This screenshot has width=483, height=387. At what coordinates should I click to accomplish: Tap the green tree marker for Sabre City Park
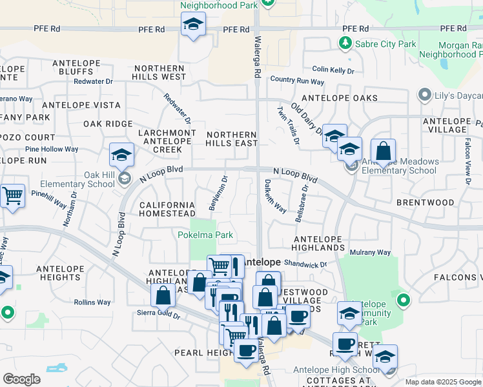coord(345,43)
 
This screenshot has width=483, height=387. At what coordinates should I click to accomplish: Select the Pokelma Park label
coord(205,235)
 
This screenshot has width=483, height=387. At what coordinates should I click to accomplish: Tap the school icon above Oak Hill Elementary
coord(121,155)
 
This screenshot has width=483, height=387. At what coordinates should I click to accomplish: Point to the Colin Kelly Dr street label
coord(333,70)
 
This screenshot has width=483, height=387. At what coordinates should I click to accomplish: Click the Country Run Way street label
coord(297,81)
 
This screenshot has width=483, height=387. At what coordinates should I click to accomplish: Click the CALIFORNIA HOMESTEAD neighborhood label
coord(167,209)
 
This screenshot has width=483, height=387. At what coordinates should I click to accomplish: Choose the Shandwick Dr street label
coord(306,264)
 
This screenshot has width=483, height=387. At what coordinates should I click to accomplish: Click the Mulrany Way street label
coord(370,252)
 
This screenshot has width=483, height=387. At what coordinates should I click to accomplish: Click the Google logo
coord(21,379)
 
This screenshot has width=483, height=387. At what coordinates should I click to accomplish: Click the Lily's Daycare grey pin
coord(424,95)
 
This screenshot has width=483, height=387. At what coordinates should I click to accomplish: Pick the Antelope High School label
coord(336,370)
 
